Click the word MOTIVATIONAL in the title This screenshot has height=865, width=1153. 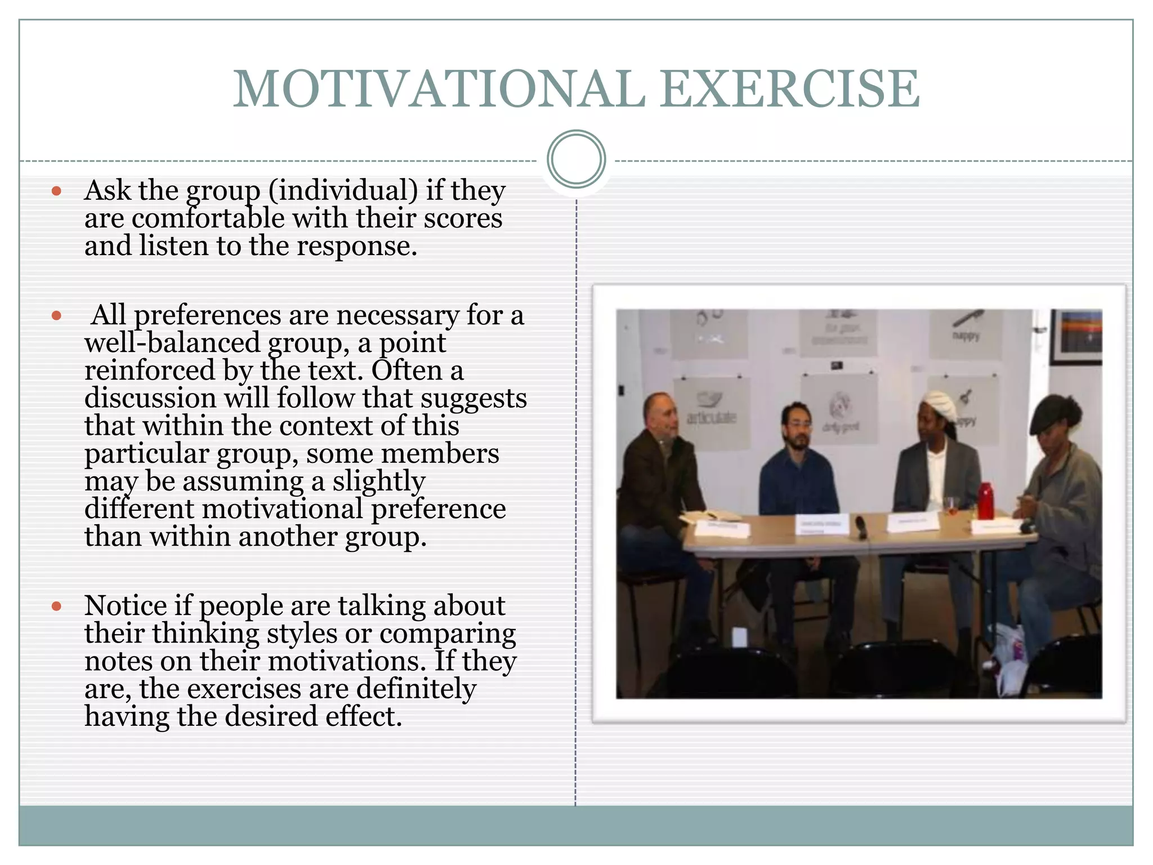click(439, 89)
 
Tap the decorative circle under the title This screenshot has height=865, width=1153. click(576, 159)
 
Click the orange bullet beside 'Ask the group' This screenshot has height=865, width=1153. click(56, 191)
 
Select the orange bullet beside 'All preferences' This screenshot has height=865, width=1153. click(56, 315)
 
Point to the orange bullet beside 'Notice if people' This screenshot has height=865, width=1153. click(56, 607)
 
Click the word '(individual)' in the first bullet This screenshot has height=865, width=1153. click(343, 190)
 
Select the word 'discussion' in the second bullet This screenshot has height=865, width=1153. click(150, 398)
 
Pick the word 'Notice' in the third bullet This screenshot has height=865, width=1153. click(126, 606)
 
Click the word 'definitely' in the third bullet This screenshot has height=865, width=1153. click(417, 689)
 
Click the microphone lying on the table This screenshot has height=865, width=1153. click(861, 527)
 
